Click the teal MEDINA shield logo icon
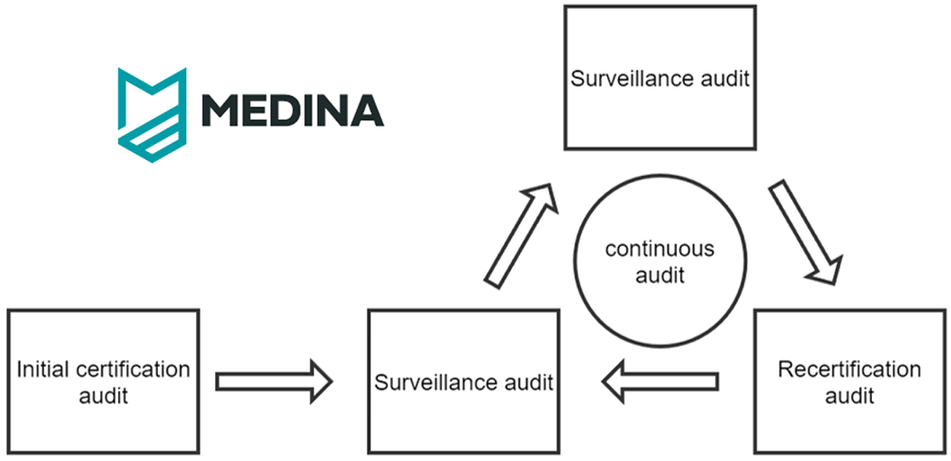click(151, 115)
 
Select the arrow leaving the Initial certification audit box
click(274, 381)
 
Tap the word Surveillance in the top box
click(636, 80)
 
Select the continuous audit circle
click(660, 176)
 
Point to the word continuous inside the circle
click(660, 249)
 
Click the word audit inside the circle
click(660, 276)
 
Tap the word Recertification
click(849, 370)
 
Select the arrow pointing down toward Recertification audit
click(806, 231)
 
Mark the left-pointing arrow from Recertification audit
click(660, 381)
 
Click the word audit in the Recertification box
click(849, 396)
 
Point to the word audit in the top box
click(728, 80)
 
